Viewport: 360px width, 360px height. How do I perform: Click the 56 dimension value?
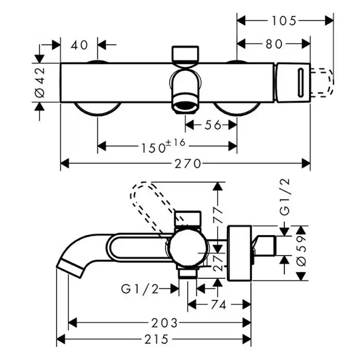point(213,125)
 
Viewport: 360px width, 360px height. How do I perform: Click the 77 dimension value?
point(218,213)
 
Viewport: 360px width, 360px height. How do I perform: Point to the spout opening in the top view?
point(186,105)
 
